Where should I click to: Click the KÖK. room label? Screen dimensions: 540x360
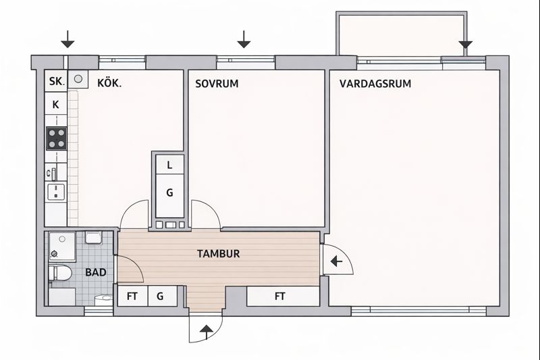point(109,83)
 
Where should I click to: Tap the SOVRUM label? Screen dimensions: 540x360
point(217,84)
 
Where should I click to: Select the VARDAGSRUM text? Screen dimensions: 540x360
point(375,84)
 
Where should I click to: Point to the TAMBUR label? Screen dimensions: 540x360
point(218,254)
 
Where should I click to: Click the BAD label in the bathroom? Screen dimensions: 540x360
point(96,272)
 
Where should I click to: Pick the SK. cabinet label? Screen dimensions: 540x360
point(57,82)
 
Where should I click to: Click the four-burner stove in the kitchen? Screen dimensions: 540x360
point(57,138)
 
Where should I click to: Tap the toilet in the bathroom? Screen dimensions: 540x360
point(59,273)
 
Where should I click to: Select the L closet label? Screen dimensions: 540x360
point(169,165)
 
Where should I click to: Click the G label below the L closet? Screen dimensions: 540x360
point(169,192)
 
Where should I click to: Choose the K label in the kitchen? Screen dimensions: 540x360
point(55,105)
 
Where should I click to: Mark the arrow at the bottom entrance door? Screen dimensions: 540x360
point(207,332)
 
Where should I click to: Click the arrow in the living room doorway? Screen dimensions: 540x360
point(336,262)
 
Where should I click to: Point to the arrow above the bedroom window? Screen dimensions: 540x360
point(244,39)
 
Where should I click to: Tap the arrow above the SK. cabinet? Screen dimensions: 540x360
point(68,39)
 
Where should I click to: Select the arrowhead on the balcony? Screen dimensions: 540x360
point(466,45)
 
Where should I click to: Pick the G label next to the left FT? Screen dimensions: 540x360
point(160,297)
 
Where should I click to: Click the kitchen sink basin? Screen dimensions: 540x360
point(56,192)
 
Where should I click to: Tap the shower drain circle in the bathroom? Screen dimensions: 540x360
point(54,254)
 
